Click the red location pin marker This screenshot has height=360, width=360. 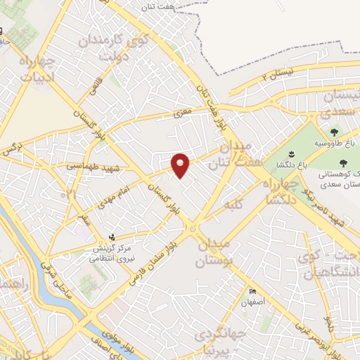(181, 165)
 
